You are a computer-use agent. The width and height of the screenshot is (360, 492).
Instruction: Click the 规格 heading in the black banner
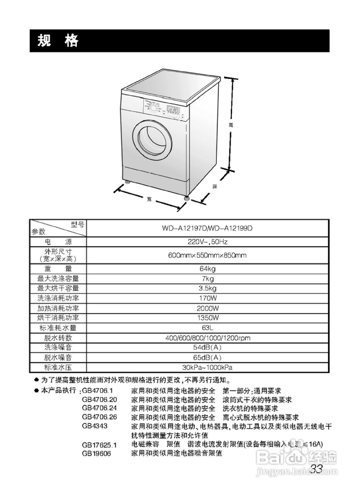(x=58, y=40)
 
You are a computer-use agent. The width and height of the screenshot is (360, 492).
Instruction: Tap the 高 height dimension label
(x=231, y=125)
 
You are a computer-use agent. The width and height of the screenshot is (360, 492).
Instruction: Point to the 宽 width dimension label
(x=149, y=199)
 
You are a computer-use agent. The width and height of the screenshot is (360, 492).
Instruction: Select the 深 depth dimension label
(x=215, y=187)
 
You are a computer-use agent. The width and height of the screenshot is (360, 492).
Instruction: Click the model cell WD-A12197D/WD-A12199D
(x=207, y=228)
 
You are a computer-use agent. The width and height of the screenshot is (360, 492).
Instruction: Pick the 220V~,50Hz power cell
(x=207, y=242)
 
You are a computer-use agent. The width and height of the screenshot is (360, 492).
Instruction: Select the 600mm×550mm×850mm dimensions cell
(x=207, y=255)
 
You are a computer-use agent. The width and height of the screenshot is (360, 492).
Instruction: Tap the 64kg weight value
(x=207, y=269)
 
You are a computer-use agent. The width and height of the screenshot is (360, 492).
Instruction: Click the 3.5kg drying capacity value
(x=207, y=288)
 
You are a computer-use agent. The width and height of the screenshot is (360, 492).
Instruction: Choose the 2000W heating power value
(x=207, y=308)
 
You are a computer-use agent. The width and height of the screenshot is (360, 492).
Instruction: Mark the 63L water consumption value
(x=207, y=328)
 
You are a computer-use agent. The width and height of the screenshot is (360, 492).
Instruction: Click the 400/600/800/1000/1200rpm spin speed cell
(x=207, y=338)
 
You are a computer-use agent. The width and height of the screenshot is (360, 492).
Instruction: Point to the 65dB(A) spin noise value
(x=207, y=357)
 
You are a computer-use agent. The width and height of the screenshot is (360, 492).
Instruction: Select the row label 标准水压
(x=58, y=367)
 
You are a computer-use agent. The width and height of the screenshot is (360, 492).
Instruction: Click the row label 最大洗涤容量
(x=58, y=279)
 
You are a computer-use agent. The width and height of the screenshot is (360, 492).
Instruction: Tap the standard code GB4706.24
(x=99, y=408)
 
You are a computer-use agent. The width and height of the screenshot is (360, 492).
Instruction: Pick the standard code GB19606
(x=96, y=454)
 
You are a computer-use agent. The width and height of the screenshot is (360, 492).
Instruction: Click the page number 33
(x=316, y=469)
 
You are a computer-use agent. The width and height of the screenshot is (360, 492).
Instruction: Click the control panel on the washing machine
(x=163, y=108)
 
